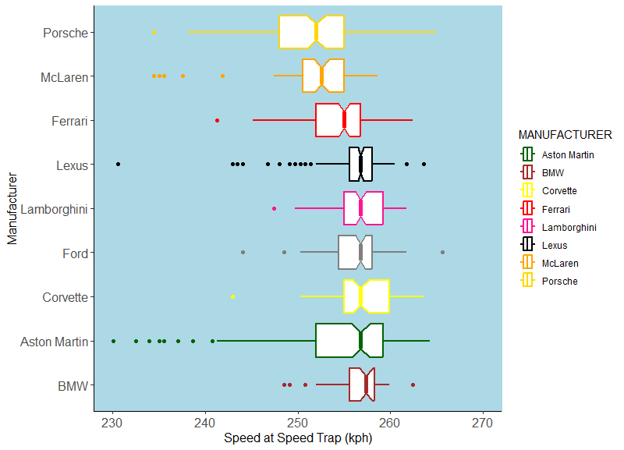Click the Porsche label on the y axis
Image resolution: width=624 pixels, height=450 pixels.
(66, 33)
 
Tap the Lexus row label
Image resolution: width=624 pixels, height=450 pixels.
(72, 165)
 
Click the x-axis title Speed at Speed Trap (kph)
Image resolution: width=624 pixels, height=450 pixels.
(297, 438)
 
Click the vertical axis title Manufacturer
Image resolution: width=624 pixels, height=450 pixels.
(12, 209)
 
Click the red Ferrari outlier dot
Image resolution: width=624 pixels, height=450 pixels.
(217, 120)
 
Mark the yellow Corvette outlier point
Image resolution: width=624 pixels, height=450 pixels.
(232, 297)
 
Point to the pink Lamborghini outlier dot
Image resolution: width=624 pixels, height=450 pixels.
(274, 209)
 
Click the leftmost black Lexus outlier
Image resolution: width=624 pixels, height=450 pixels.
(118, 165)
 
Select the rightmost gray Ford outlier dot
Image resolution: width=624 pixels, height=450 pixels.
(442, 253)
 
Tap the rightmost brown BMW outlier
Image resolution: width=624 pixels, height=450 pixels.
(413, 385)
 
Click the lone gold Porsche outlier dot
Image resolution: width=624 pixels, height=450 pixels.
(154, 33)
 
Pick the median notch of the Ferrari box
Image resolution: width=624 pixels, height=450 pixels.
(344, 120)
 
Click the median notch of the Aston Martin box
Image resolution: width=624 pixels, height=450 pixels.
(360, 341)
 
